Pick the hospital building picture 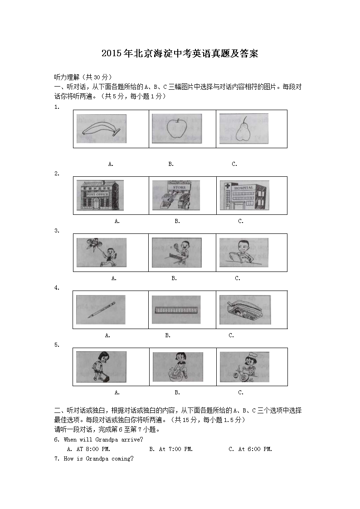244,195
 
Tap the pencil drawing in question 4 101,310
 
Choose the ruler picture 176,310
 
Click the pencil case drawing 245,310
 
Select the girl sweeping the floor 102,367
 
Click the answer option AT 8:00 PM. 88,449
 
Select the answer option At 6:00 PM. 250,449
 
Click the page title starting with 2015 180,53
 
